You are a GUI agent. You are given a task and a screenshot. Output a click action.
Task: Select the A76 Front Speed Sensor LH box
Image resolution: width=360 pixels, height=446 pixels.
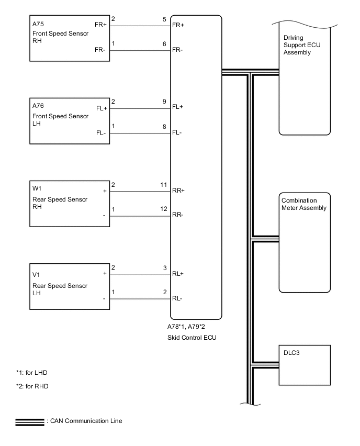click(x=69, y=120)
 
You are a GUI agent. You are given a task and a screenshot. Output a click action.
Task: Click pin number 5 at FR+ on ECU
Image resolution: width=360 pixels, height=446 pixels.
click(x=164, y=19)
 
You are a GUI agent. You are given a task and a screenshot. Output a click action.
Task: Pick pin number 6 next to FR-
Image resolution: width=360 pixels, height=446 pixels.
click(x=164, y=44)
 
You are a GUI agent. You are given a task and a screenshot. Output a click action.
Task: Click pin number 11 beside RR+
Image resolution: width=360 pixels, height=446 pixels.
click(x=163, y=185)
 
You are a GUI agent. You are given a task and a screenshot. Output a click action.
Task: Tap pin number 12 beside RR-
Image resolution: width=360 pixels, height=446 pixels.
click(x=163, y=209)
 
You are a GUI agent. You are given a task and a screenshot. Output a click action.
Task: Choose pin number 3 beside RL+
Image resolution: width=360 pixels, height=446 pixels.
click(x=164, y=268)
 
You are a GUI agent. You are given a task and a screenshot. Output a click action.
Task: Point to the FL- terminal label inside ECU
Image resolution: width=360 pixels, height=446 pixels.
click(x=177, y=133)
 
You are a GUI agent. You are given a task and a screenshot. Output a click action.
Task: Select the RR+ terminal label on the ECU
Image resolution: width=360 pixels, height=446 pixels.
click(x=178, y=192)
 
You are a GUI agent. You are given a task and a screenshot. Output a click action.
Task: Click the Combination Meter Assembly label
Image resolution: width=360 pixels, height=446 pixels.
click(x=304, y=204)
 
